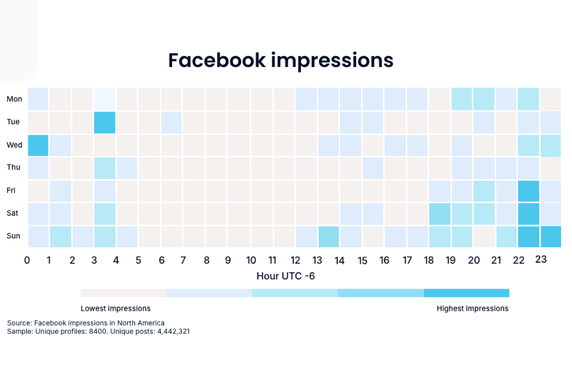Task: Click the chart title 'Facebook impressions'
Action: [280, 60]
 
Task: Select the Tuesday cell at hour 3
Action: [105, 122]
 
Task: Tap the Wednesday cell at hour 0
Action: [38, 145]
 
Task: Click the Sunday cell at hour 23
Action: [551, 236]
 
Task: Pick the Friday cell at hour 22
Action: [529, 191]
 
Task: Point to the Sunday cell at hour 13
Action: [328, 236]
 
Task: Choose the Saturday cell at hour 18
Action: [439, 213]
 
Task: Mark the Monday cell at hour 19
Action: [462, 99]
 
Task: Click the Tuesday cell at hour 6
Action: [171, 122]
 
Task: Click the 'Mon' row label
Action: [14, 99]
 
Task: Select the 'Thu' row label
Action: [14, 168]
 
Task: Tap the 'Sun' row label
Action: [14, 235]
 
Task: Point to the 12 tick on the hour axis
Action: [295, 260]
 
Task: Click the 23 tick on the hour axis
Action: [541, 260]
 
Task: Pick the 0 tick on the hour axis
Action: [27, 260]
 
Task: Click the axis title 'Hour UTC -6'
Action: [285, 276]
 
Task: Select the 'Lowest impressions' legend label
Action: [116, 308]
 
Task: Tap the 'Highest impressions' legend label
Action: [472, 308]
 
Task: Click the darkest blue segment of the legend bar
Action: [466, 293]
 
